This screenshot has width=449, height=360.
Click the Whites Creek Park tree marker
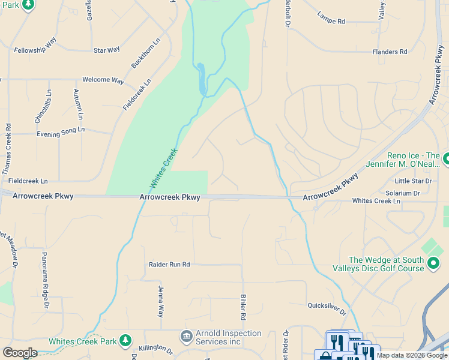coord(125,341)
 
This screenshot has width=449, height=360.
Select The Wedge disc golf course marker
coord(433,263)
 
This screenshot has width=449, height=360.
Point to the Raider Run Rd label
coord(169,264)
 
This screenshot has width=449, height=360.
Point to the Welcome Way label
coord(103,80)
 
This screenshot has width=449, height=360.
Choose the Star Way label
coord(106,50)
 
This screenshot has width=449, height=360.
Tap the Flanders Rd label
coord(390,52)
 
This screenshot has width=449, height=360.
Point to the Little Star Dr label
coord(413,181)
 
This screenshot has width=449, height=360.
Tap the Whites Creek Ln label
coord(376,201)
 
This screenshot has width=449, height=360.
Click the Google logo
coord(20,352)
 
